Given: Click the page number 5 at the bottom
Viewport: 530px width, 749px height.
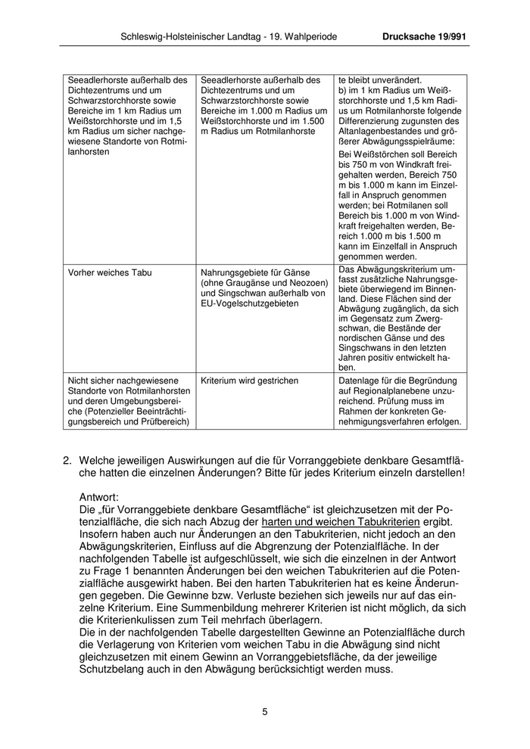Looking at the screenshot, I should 265,711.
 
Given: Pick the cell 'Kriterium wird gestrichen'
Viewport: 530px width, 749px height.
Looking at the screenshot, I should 249,381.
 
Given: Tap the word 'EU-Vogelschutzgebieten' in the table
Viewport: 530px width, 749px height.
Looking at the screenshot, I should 251,303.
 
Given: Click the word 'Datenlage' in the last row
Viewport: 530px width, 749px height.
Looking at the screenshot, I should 359,381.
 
